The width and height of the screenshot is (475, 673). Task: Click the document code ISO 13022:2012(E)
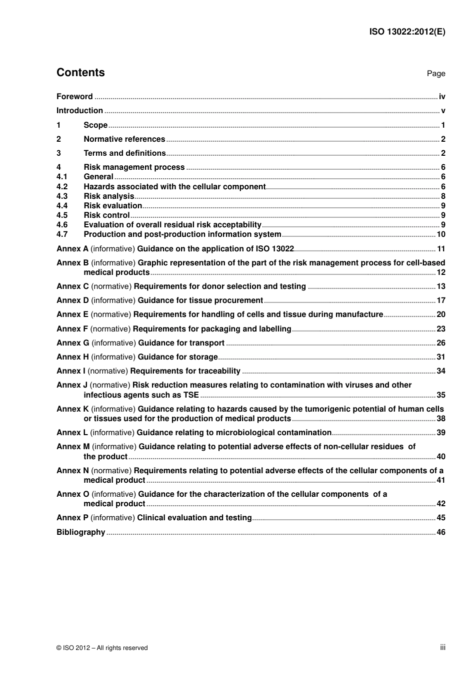click(x=407, y=32)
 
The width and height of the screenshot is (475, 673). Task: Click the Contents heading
click(x=80, y=73)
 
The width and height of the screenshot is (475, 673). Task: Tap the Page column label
click(x=435, y=74)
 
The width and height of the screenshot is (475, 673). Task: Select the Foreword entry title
click(x=74, y=97)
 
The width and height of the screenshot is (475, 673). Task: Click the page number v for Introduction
click(x=443, y=111)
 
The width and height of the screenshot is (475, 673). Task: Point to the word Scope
click(x=95, y=125)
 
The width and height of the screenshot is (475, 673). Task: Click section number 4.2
click(x=62, y=187)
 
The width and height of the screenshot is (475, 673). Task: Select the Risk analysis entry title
click(x=108, y=196)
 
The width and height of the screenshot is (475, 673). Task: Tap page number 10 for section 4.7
click(x=440, y=234)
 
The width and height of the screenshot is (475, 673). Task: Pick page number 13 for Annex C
click(x=440, y=286)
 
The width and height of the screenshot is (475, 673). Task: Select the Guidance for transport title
click(x=181, y=343)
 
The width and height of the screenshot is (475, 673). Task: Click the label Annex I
click(x=71, y=371)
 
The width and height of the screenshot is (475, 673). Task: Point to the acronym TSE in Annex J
click(x=191, y=395)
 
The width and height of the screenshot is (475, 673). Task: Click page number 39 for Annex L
click(x=440, y=433)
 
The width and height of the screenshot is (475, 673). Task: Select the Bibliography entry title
click(x=81, y=532)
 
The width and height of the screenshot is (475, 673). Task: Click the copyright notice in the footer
click(x=102, y=648)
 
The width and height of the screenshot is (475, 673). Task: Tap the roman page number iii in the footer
click(x=442, y=647)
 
